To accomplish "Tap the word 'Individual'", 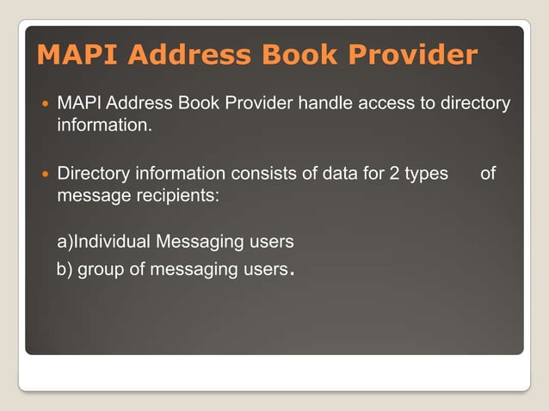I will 114,242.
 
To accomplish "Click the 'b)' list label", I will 65,269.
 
